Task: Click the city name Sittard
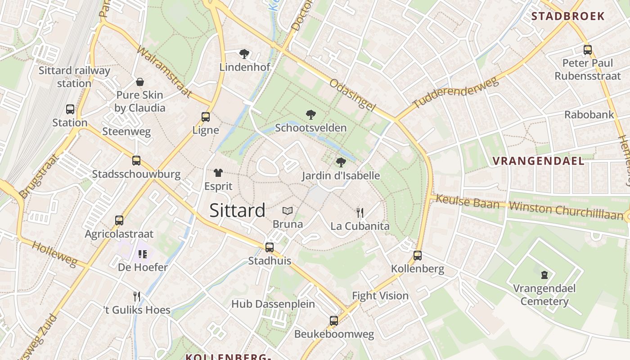click(237, 211)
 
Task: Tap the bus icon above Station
click(70, 109)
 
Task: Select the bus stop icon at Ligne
click(206, 117)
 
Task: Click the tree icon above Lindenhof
click(244, 54)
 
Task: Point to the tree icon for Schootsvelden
click(310, 115)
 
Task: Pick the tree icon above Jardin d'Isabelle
click(341, 162)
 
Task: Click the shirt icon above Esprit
click(218, 173)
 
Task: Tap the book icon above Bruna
click(288, 211)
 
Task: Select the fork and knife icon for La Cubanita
click(360, 212)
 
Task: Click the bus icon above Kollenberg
click(418, 256)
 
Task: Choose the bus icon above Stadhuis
click(270, 247)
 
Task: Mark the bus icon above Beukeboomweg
click(334, 320)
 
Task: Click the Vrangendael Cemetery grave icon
click(544, 274)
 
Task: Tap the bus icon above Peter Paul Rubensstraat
click(588, 49)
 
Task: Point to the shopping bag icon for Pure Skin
click(140, 82)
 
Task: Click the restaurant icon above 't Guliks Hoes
click(137, 296)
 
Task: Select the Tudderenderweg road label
click(455, 93)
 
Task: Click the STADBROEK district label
click(568, 17)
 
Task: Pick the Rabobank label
click(589, 114)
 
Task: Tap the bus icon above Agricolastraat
click(119, 220)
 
